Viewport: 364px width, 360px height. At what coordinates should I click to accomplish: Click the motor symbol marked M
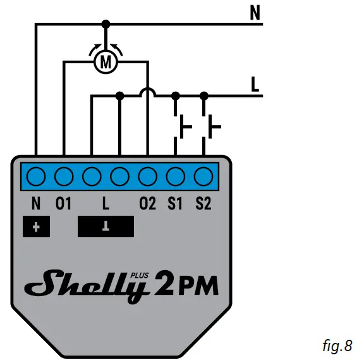coord(106,61)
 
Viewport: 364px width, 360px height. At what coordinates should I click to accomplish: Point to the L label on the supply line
coord(256,85)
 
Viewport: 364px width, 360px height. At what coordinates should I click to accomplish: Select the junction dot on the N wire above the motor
coord(106,24)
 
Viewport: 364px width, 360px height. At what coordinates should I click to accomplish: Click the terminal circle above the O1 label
coord(64,175)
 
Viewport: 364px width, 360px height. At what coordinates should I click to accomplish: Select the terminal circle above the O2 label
coord(147,175)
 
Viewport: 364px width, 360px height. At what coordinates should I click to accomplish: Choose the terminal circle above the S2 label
coord(203,175)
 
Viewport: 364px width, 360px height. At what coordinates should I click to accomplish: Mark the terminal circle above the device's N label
coord(36,175)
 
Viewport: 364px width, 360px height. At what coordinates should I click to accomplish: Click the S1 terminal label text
coord(175,204)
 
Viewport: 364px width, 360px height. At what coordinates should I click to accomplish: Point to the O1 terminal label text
coord(64,204)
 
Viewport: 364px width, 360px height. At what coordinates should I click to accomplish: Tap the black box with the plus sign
coord(35,227)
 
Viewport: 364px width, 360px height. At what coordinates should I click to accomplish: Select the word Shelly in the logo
coord(86,285)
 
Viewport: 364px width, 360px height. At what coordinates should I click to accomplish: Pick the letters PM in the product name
coord(197,286)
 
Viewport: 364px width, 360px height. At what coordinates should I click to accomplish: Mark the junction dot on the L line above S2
coord(203,96)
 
